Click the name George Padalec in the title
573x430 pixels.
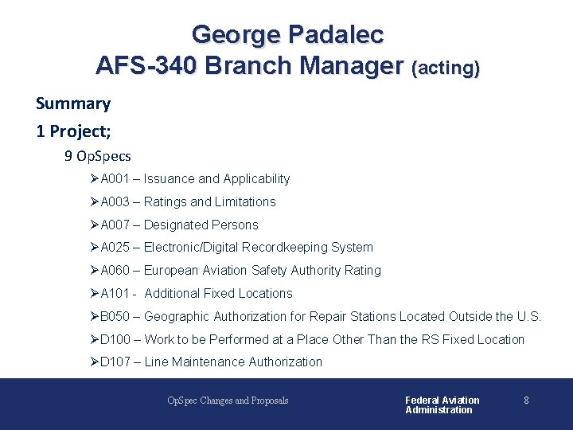coord(287,35)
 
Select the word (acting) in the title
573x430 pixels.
coord(445,69)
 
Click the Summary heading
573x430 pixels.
coord(73,104)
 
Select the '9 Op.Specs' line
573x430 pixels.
coord(98,156)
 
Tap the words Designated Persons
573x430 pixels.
coord(201,225)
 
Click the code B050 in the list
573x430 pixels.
coord(115,317)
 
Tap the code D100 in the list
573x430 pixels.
coord(115,340)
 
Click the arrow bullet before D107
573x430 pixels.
coord(94,362)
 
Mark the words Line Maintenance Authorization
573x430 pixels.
coord(233,362)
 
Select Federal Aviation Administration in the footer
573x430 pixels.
coord(442,405)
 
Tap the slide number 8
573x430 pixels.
coord(526,401)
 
